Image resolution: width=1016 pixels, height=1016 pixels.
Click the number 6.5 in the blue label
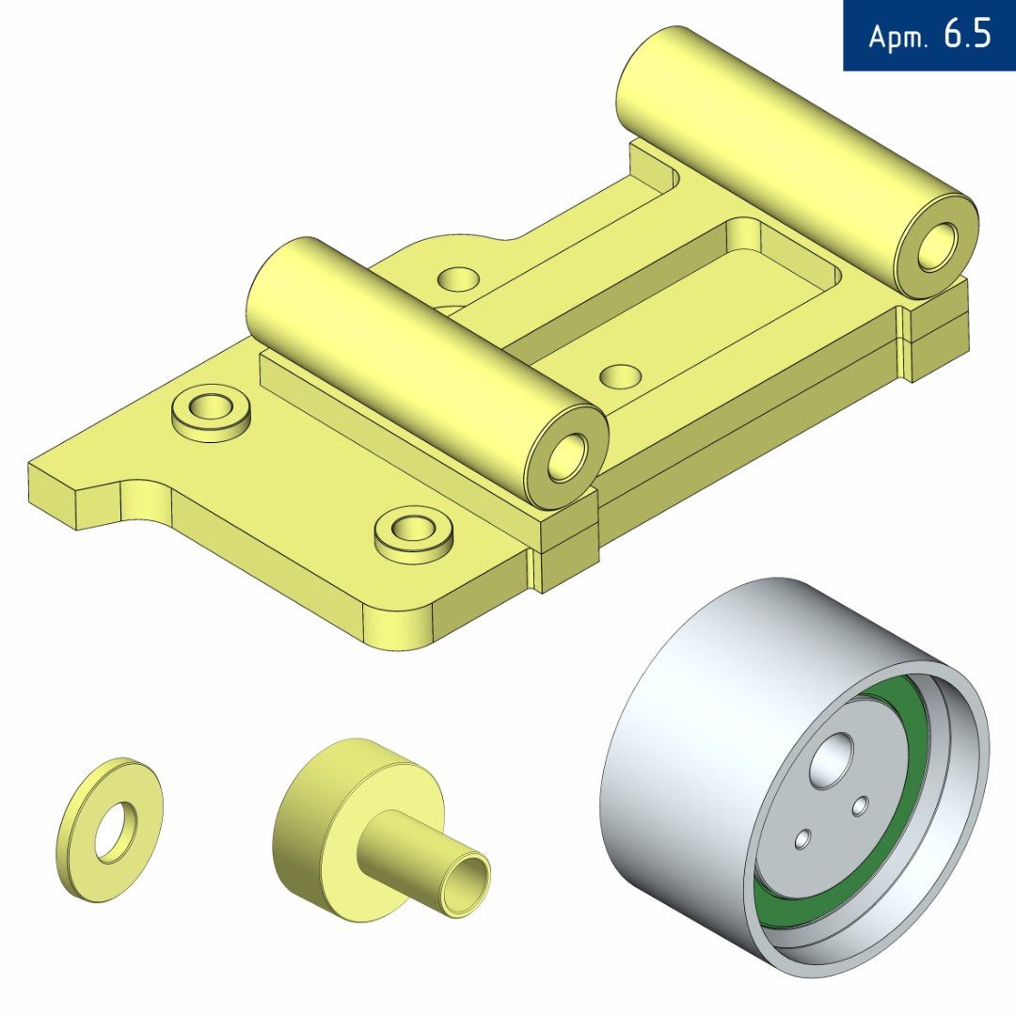click(967, 33)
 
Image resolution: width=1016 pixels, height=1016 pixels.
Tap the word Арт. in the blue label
click(898, 37)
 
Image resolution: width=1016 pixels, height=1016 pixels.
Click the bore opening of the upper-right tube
click(937, 246)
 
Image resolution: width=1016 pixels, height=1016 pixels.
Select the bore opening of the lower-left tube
click(567, 458)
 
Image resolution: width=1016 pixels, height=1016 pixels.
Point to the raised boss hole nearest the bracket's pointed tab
click(212, 407)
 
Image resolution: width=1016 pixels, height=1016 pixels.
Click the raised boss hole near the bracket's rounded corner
click(413, 528)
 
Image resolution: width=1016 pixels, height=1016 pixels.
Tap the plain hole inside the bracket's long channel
click(621, 376)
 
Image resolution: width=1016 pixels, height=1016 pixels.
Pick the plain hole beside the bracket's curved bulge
click(458, 278)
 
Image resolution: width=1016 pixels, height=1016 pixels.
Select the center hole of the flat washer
click(116, 833)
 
